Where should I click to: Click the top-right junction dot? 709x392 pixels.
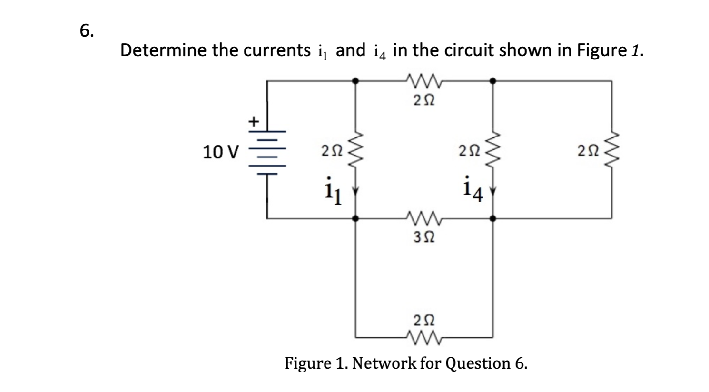(492, 81)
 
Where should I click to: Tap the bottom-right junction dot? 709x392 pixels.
(492, 219)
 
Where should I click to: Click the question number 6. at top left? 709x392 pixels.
(87, 30)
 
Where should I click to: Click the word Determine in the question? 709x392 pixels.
(165, 50)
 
